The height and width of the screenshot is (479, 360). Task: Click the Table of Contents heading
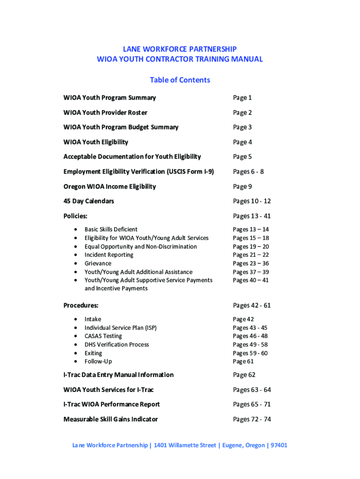coord(180,80)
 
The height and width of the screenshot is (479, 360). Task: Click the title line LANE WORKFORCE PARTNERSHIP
coord(180,49)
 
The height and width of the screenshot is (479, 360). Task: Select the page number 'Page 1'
coord(242,98)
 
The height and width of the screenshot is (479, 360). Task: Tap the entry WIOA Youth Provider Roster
coord(105,113)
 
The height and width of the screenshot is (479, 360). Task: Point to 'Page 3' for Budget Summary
coord(242,127)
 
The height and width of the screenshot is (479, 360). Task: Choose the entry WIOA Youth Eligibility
coord(95,142)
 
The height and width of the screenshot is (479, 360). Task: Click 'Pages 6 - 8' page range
coord(248,172)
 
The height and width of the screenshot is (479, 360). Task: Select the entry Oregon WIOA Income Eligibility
coord(109,187)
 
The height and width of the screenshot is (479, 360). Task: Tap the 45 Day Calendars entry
coord(88,201)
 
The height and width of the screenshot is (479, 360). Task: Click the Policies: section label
coord(75,216)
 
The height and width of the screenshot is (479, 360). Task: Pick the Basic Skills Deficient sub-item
coord(111,229)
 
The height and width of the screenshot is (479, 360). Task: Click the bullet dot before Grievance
coord(76,263)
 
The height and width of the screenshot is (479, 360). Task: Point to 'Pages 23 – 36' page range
coord(251,263)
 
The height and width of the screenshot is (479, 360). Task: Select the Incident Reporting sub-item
coord(108,255)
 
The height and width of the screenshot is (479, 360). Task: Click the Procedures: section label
coord(81,305)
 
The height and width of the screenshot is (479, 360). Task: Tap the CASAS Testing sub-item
coord(103,336)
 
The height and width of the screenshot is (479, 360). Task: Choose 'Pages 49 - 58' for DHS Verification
coord(250,345)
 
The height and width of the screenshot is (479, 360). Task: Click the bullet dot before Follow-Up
coord(76,362)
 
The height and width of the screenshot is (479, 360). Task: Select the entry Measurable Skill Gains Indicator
coord(110,419)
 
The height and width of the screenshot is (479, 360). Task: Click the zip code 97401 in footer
coord(278,445)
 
